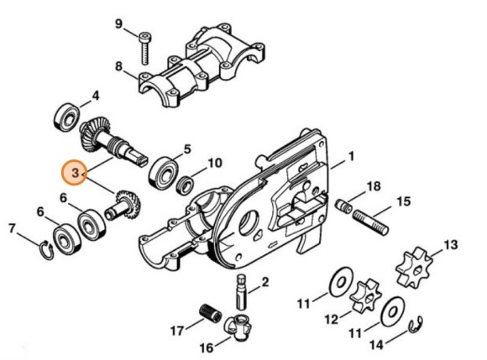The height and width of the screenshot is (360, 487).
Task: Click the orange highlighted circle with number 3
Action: [75, 174]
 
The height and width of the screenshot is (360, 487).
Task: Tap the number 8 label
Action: [118, 65]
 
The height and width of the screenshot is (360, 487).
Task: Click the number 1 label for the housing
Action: [351, 156]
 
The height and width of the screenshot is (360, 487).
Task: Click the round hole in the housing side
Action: [249, 223]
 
